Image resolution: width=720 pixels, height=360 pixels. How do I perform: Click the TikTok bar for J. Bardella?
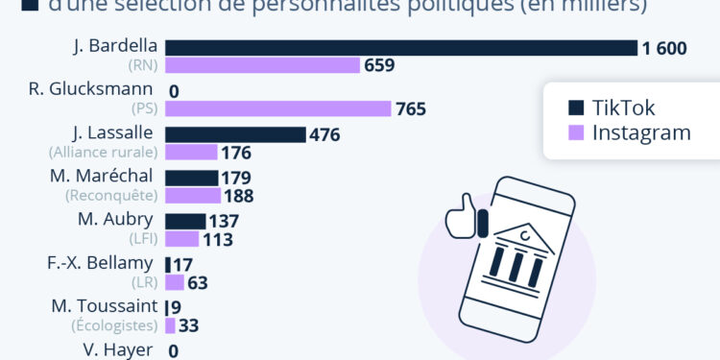click(401, 48)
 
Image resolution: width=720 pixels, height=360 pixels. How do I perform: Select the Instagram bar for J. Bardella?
click(262, 65)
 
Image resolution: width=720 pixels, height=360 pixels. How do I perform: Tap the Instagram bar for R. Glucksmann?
click(278, 108)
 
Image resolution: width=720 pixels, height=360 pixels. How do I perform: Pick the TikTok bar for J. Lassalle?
click(235, 134)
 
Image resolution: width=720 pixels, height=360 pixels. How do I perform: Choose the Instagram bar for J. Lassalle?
click(191, 152)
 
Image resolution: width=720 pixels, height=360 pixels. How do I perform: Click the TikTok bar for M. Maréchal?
click(191, 178)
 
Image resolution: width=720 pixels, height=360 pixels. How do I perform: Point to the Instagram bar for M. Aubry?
click(181, 239)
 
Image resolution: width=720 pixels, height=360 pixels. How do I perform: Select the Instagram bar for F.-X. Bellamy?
click(174, 282)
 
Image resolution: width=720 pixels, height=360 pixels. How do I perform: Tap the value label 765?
click(411, 108)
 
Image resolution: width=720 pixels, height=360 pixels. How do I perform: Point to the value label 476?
click(325, 134)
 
